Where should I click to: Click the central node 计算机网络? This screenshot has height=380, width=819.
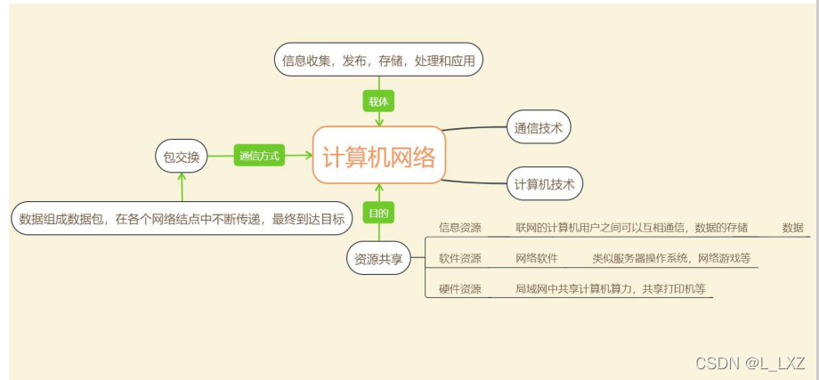[379, 156]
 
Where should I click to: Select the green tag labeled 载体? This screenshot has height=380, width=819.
[379, 101]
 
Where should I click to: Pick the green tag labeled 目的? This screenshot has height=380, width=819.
[379, 213]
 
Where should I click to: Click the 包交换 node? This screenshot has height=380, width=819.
[182, 157]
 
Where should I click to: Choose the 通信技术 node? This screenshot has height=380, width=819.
[539, 127]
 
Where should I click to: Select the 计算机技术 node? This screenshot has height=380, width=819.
[544, 184]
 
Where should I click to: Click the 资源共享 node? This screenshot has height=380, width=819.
[378, 259]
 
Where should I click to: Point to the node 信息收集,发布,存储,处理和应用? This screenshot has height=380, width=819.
[378, 61]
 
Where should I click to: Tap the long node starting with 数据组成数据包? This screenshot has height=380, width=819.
[181, 218]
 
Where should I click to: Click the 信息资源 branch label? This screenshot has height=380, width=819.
[460, 228]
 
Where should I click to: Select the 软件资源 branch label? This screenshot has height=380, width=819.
[460, 259]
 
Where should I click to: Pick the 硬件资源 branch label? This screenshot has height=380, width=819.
[460, 289]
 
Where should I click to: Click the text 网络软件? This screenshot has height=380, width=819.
[537, 259]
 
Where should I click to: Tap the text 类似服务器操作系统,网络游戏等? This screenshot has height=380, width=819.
[671, 259]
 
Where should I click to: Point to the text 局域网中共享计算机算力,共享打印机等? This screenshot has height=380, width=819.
[613, 289]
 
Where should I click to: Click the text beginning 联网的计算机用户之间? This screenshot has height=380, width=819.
[631, 228]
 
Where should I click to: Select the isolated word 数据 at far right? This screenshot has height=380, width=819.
[792, 228]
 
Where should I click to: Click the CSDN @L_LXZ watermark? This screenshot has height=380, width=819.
[750, 363]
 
